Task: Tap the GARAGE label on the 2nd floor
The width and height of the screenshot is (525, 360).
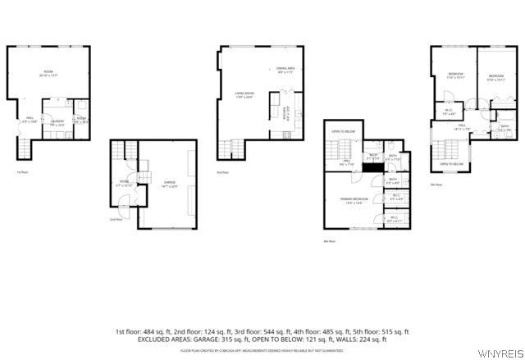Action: (x=169, y=182)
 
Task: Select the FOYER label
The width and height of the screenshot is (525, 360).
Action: (x=125, y=181)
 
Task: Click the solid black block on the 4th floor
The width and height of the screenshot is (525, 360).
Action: (x=372, y=167)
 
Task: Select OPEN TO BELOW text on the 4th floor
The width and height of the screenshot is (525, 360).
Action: (x=343, y=131)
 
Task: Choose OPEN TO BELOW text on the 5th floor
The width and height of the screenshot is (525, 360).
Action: (x=451, y=164)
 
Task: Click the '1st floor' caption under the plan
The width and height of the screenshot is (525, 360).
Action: (x=22, y=172)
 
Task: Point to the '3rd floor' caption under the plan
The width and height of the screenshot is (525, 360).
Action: (x=222, y=172)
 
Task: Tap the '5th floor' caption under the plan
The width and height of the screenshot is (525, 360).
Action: (x=436, y=185)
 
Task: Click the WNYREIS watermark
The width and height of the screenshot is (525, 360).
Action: (x=502, y=354)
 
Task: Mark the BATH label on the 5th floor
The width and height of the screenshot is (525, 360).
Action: (x=482, y=128)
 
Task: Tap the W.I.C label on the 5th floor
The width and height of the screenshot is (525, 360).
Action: (x=450, y=112)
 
